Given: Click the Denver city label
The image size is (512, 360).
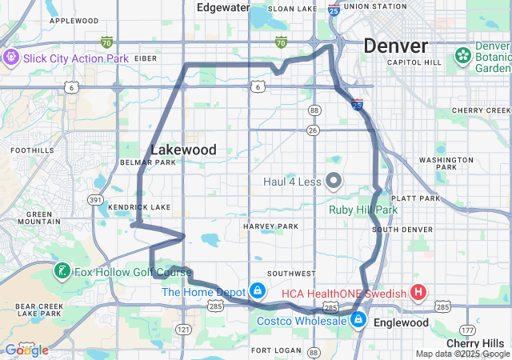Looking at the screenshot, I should coord(395,46).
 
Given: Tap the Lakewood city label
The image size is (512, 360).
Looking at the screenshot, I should coord(183,150).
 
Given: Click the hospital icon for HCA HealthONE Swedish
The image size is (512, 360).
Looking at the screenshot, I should coord(418,292).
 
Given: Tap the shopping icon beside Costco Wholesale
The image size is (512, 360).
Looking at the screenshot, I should coord(358,321).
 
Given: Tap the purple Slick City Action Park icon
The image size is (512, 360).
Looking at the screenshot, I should coord(11,58).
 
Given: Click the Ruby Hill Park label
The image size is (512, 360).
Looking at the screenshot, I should coord(362,210).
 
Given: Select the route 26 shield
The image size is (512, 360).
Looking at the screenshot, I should coord(314,130).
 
